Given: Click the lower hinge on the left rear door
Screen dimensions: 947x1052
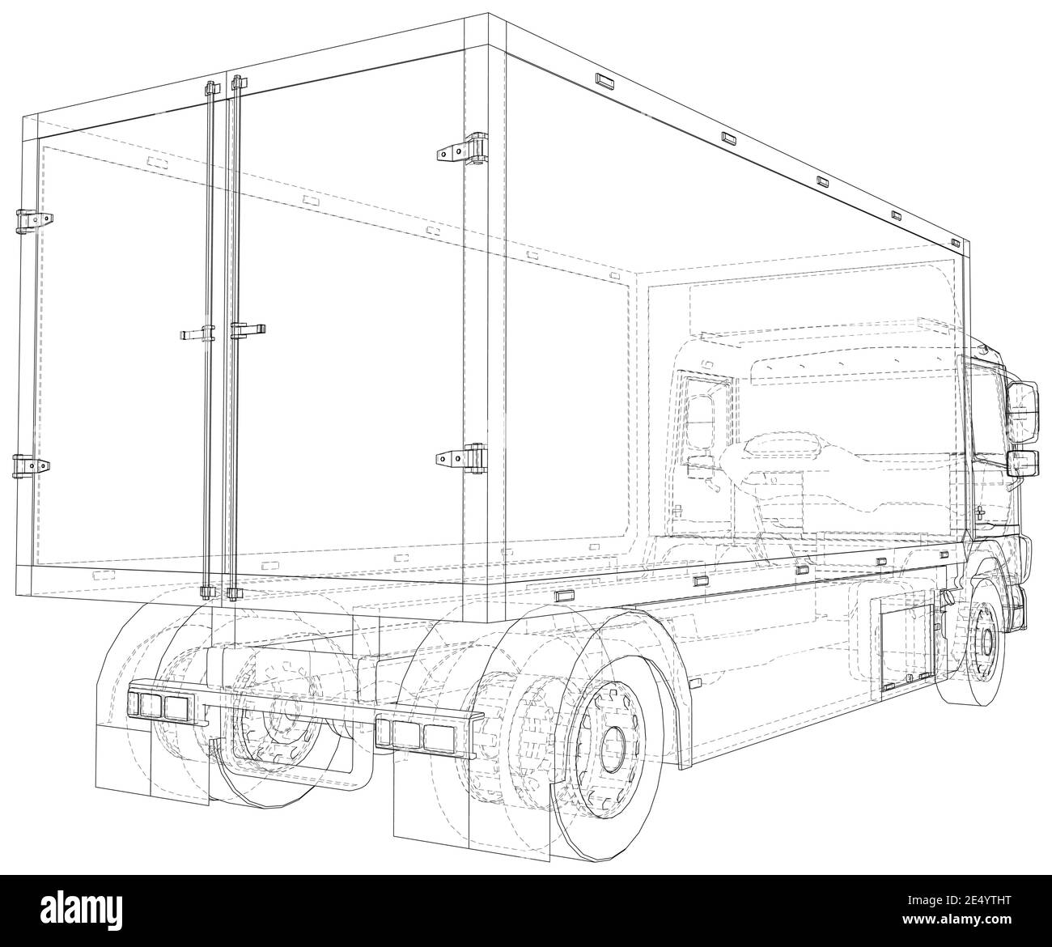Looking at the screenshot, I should (x=31, y=465).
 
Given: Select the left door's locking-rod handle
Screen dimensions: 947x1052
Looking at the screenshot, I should (x=194, y=333).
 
